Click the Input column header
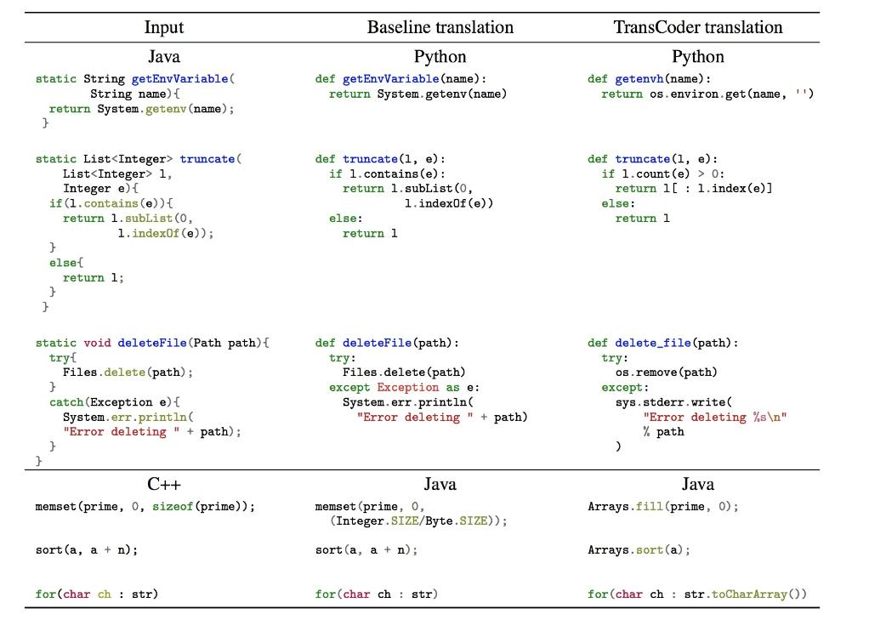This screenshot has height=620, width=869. [163, 27]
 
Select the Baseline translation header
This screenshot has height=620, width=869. [440, 27]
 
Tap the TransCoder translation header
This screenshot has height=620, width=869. [698, 27]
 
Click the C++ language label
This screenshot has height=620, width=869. [163, 485]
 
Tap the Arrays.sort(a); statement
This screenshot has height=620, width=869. [639, 550]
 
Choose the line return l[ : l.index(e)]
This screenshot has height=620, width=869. [694, 189]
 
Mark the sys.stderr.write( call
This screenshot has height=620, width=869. [673, 402]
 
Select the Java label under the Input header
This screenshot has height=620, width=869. [163, 57]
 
